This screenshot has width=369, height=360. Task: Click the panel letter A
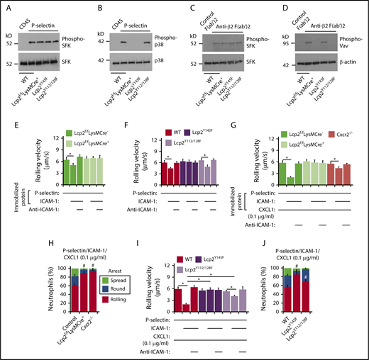click(x=6, y=6)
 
